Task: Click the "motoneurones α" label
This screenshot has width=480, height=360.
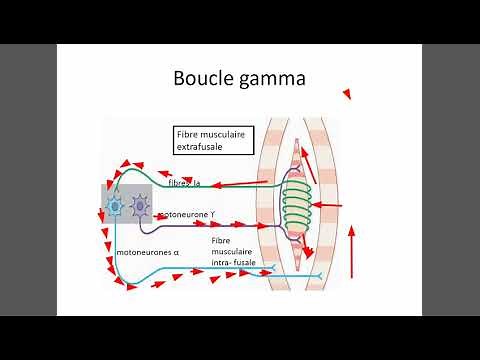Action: coord(147,252)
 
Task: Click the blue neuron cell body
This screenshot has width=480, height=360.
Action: coord(115,206)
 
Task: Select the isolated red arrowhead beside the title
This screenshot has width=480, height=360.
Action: coord(347,94)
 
